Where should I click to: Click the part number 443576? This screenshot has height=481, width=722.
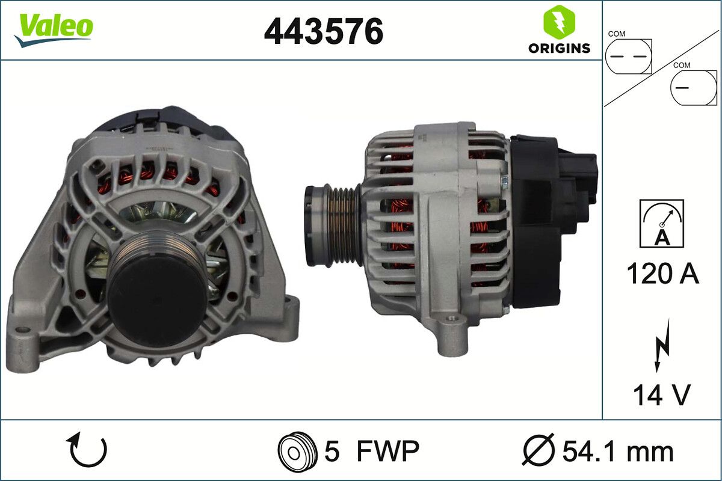click(x=324, y=31)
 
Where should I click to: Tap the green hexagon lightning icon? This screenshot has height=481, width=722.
click(x=559, y=20)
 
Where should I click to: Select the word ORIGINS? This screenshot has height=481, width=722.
click(x=559, y=48)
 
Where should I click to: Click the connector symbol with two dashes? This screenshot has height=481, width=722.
click(x=629, y=57)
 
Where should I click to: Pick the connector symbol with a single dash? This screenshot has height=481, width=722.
click(x=694, y=88)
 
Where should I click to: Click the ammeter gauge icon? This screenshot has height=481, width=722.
click(x=662, y=224)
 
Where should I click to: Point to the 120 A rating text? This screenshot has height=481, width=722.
click(x=662, y=273)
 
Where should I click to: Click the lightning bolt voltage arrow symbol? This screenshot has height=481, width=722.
click(x=662, y=345)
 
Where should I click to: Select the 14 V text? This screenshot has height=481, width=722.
click(x=662, y=395)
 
